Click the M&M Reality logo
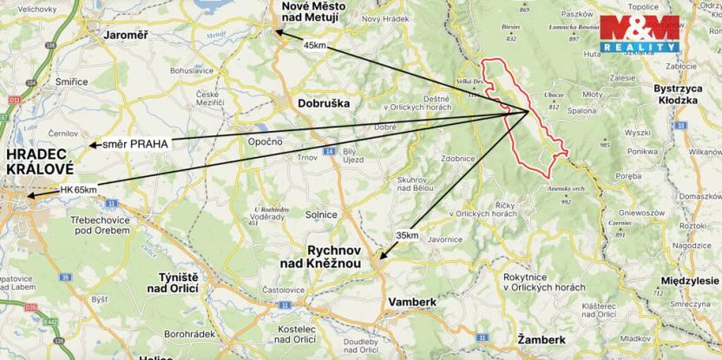tap(640, 33)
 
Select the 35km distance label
tap(406, 235)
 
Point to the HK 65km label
tap(78, 188)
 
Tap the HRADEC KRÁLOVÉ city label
tap(40, 161)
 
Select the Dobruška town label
tap(323, 102)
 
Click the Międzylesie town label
tap(690, 281)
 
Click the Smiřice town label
tap(71, 82)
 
